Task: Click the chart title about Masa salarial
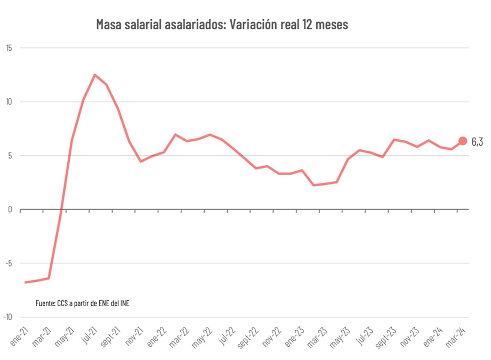222,25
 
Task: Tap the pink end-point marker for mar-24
462,141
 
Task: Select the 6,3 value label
477,141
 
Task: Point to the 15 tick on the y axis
9,48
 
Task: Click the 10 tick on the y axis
9,102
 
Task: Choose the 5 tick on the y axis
10,156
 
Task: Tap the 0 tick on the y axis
10,210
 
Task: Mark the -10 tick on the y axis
8,317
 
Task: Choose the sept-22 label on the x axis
246,337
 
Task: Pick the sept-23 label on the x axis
384,337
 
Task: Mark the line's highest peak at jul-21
95,75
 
